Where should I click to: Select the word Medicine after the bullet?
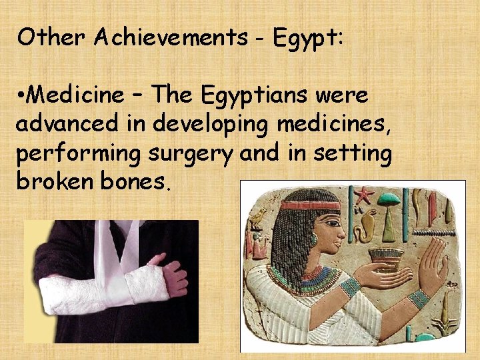[x=74, y=96]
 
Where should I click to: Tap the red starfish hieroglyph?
[x=364, y=196]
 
